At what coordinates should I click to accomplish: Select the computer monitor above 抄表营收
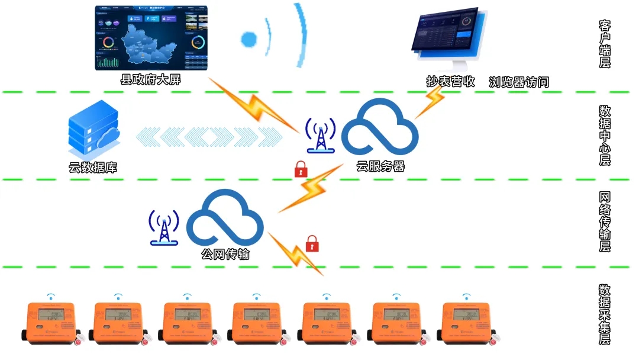point(450,38)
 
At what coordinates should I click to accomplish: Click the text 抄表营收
point(451,82)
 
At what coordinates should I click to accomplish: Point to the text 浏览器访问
point(519,82)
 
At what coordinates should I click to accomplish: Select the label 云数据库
point(93,168)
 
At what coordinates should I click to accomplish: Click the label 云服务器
point(380,166)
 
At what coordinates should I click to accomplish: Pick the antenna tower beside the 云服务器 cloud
point(320,136)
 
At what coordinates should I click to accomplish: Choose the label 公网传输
point(225,255)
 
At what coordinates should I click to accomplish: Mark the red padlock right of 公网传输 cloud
point(312,243)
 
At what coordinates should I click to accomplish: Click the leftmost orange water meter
point(51,322)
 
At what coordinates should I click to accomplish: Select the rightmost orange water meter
point(467,322)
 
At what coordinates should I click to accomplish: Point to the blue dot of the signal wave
point(249,40)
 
